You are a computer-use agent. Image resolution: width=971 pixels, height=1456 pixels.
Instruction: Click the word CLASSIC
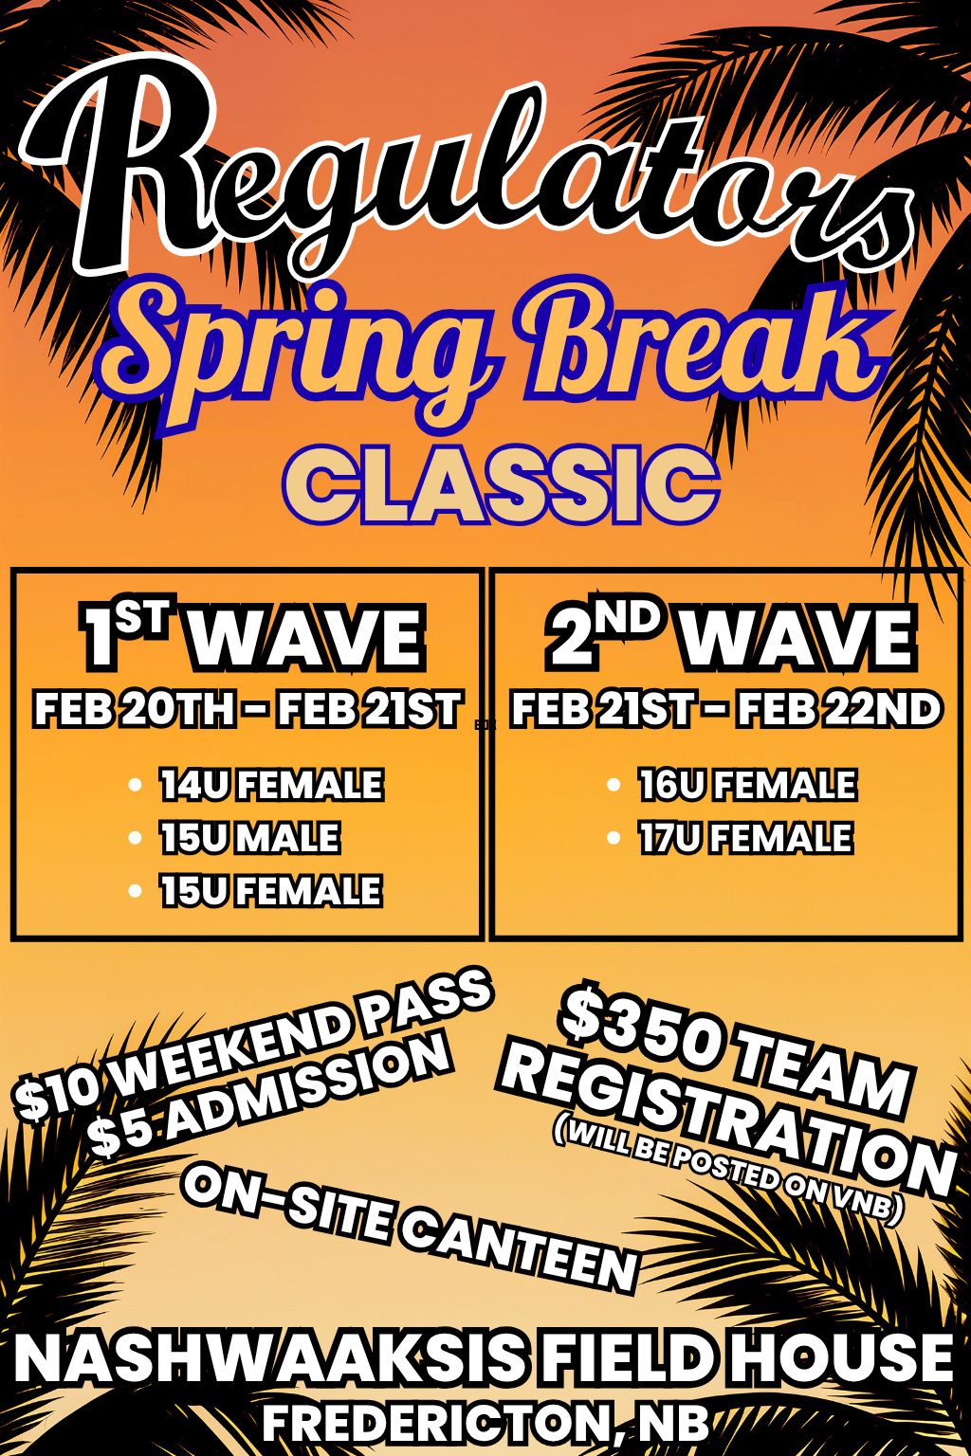click(502, 485)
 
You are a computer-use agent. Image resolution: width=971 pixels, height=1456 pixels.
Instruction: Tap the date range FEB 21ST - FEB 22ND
click(726, 709)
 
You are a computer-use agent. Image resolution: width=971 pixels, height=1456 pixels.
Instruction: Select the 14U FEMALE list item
click(272, 785)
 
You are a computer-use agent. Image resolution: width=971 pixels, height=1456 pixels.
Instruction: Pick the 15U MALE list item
click(250, 837)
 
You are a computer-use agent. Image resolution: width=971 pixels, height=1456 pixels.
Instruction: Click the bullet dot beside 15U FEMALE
click(136, 890)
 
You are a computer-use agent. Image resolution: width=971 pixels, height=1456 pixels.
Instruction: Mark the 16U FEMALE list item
click(748, 785)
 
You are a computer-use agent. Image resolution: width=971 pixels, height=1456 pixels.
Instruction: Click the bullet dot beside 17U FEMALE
click(614, 837)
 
